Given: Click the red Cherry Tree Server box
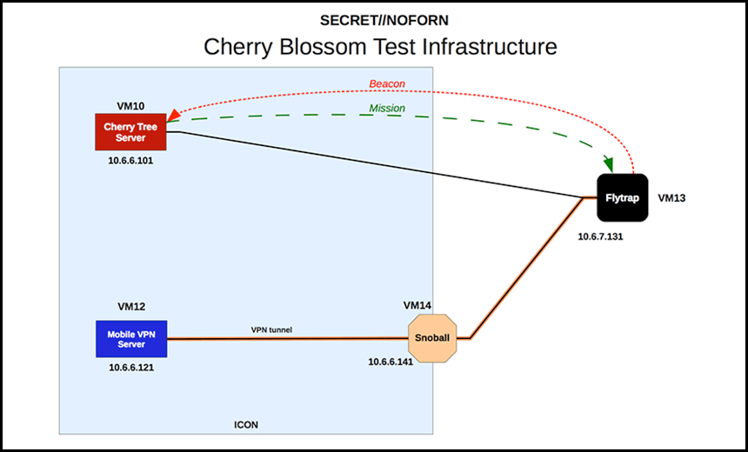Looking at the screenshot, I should pos(130,132).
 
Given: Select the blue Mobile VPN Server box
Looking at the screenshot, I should pos(131,339).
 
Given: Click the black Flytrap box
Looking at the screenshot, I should pos(623,198).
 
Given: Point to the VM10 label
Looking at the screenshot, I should pos(130,105).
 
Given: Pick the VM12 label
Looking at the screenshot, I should pos(131,306).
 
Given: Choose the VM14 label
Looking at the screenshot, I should pos(417,305).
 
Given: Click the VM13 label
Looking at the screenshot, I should pos(671,198).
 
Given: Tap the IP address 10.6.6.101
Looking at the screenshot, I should pos(130,161).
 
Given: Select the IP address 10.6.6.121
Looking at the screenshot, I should pos(131,368).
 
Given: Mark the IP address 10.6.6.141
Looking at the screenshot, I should pos(391,362).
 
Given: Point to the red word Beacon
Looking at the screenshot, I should pos(387,84).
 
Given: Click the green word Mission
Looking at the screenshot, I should pos(387,109).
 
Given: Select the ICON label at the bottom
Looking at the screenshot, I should pos(246,425).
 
